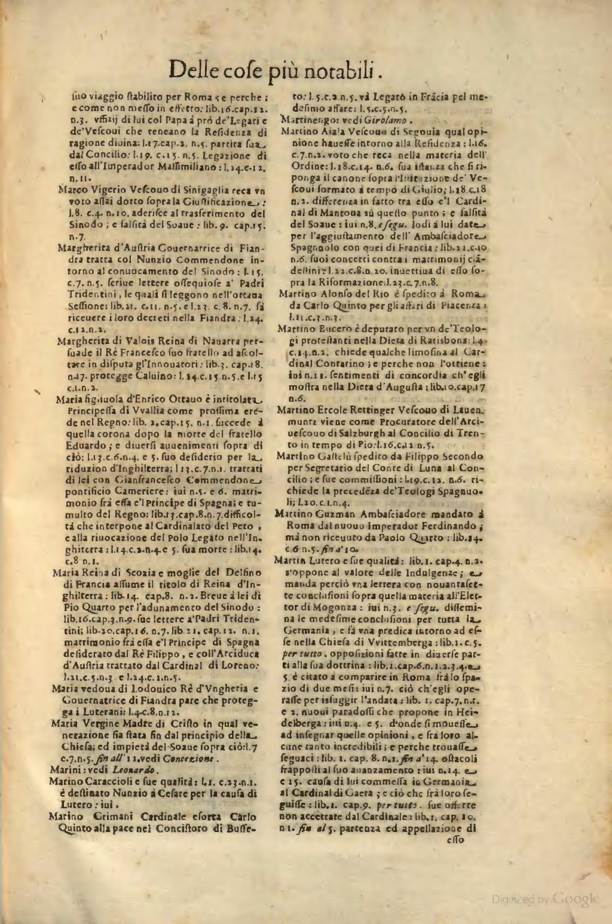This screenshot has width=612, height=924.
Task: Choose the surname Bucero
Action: click(x=331, y=330)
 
